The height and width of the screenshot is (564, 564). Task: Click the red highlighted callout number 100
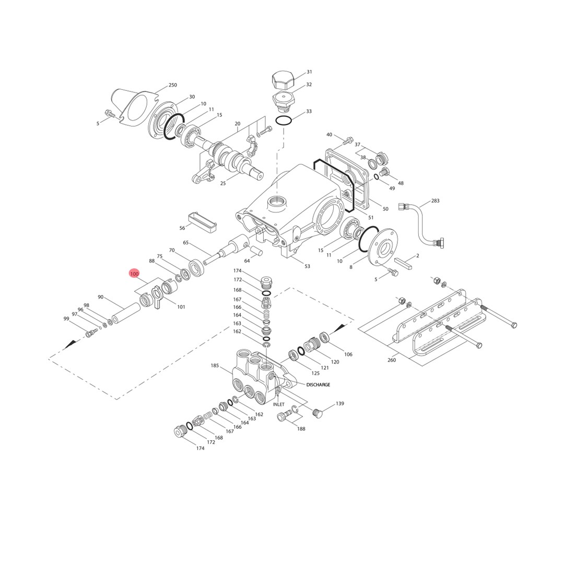click(134, 274)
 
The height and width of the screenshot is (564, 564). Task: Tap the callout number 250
click(173, 85)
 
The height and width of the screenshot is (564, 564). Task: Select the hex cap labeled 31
click(283, 81)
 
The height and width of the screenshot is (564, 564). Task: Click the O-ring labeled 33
click(284, 121)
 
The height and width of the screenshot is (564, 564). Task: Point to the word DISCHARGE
click(318, 385)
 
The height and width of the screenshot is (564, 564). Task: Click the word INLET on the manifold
click(279, 404)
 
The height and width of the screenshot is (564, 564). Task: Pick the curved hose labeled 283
click(420, 222)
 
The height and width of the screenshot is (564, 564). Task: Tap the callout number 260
click(392, 360)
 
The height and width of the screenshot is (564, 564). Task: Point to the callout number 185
click(215, 366)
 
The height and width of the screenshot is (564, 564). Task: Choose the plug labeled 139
click(318, 413)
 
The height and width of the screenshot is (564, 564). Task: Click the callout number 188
click(301, 429)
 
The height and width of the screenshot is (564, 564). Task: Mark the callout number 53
click(307, 266)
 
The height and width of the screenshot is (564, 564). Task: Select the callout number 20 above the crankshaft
click(238, 124)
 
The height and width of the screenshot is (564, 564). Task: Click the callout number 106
click(348, 354)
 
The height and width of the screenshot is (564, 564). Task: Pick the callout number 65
click(186, 242)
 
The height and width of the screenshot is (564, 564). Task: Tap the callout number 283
click(435, 201)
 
